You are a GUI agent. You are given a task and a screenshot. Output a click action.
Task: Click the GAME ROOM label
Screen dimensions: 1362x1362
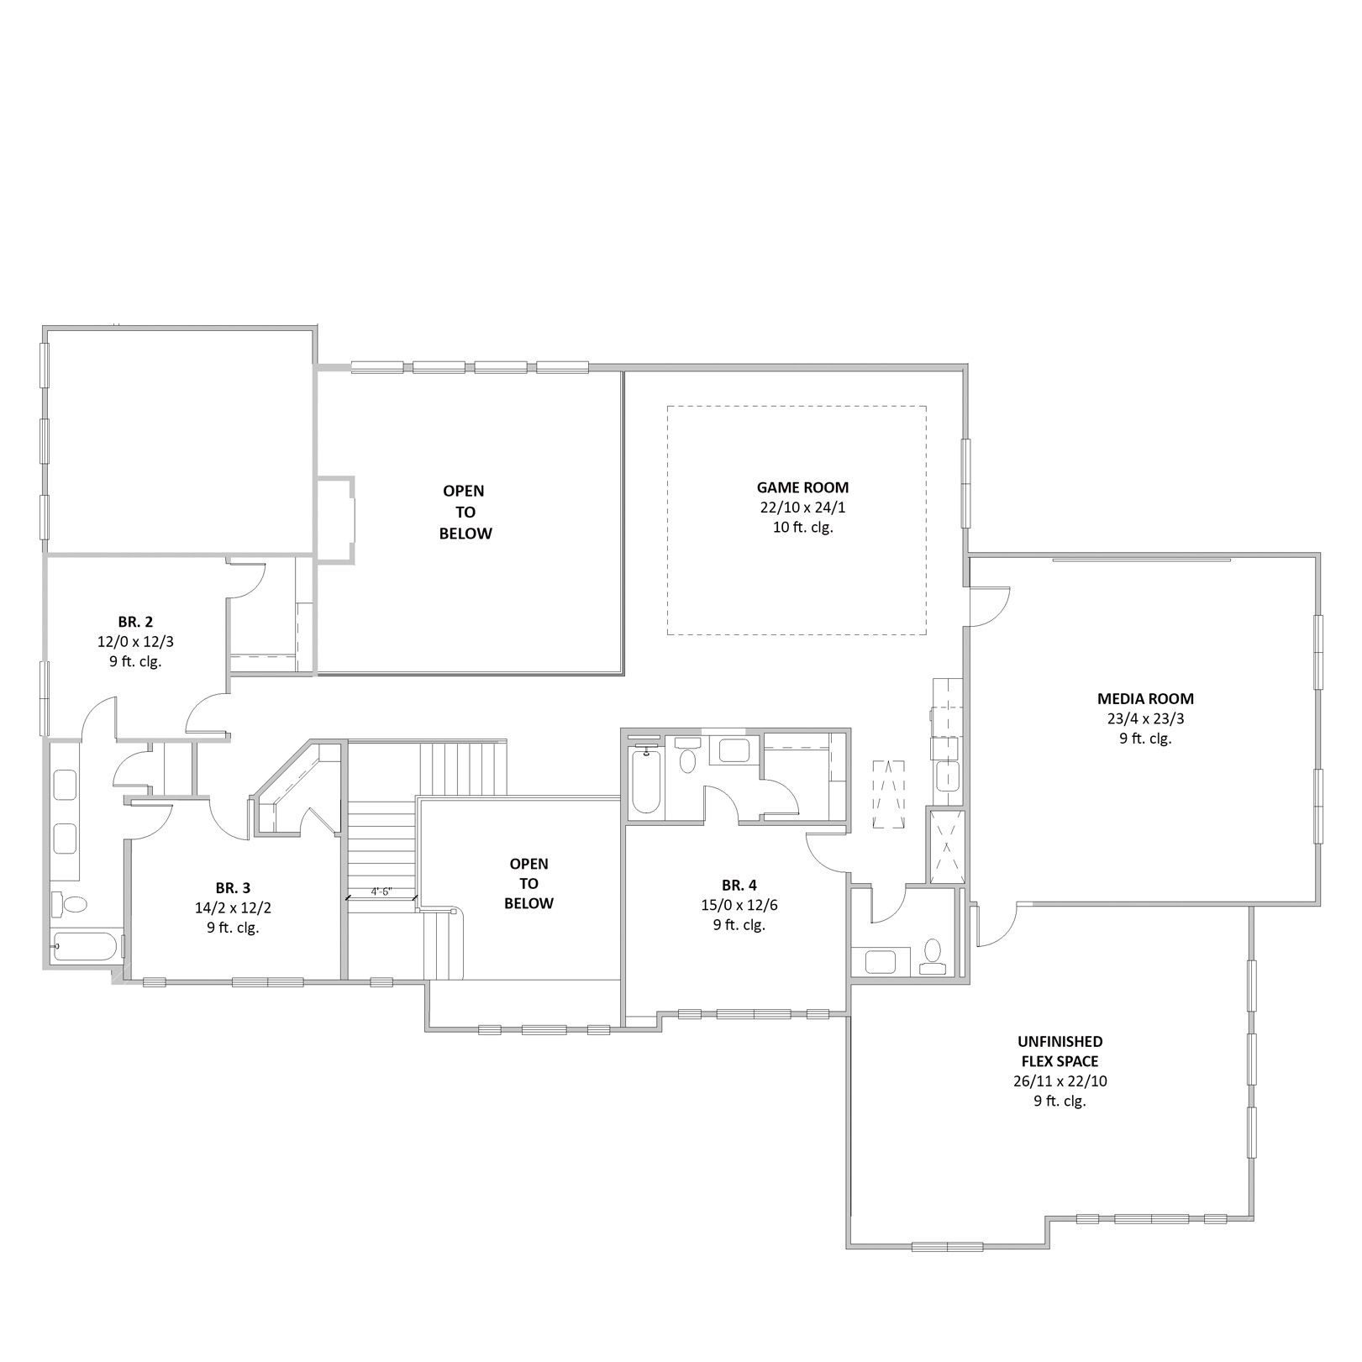tap(802, 487)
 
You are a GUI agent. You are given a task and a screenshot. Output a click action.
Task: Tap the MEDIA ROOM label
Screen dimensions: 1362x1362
tap(1145, 698)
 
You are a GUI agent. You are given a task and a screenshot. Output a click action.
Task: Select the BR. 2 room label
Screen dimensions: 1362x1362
tap(135, 622)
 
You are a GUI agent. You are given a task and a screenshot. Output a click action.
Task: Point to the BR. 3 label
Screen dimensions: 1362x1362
tap(233, 887)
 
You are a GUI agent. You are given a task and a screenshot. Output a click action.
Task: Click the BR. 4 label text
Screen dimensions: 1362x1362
tap(739, 885)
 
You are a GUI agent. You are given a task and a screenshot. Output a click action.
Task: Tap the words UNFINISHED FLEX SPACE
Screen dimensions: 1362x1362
tap(1060, 1051)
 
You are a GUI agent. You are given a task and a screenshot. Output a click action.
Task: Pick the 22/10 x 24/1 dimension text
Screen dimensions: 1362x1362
tap(802, 507)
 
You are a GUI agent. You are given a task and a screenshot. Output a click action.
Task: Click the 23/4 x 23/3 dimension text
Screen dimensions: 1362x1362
tap(1145, 718)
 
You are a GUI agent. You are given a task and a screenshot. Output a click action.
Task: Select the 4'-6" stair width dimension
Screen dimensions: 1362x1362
tap(381, 891)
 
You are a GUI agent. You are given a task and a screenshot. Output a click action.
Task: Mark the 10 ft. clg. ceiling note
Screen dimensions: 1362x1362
tap(802, 528)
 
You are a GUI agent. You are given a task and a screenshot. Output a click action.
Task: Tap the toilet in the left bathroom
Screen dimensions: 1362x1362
tap(70, 904)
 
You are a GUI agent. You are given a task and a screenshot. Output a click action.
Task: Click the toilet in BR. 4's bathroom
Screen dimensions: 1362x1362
tap(687, 755)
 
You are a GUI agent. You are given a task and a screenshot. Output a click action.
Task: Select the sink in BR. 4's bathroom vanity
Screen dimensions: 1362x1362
tap(733, 750)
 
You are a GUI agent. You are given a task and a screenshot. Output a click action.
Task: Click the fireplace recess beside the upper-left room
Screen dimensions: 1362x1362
tap(336, 518)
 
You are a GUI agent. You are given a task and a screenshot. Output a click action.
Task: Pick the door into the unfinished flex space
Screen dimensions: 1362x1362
tap(997, 923)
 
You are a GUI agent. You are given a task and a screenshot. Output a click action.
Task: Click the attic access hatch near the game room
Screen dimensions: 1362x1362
tap(889, 793)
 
